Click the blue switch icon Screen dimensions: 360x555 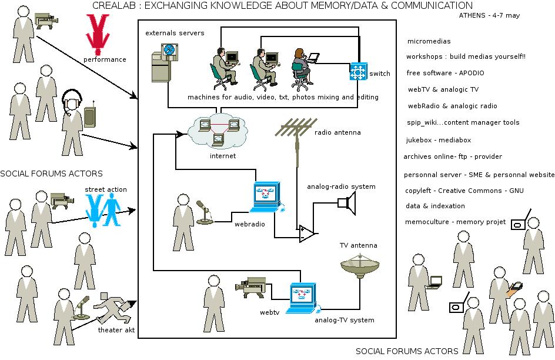[357, 71]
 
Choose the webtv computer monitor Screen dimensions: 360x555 [303, 297]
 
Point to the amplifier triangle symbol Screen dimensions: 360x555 [307, 234]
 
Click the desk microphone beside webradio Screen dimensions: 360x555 [205, 213]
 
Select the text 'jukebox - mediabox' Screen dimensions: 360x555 [438, 141]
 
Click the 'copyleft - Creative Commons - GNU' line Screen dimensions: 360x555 [464, 191]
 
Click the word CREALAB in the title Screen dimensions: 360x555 [114, 6]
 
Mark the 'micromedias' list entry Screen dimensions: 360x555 [429, 42]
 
